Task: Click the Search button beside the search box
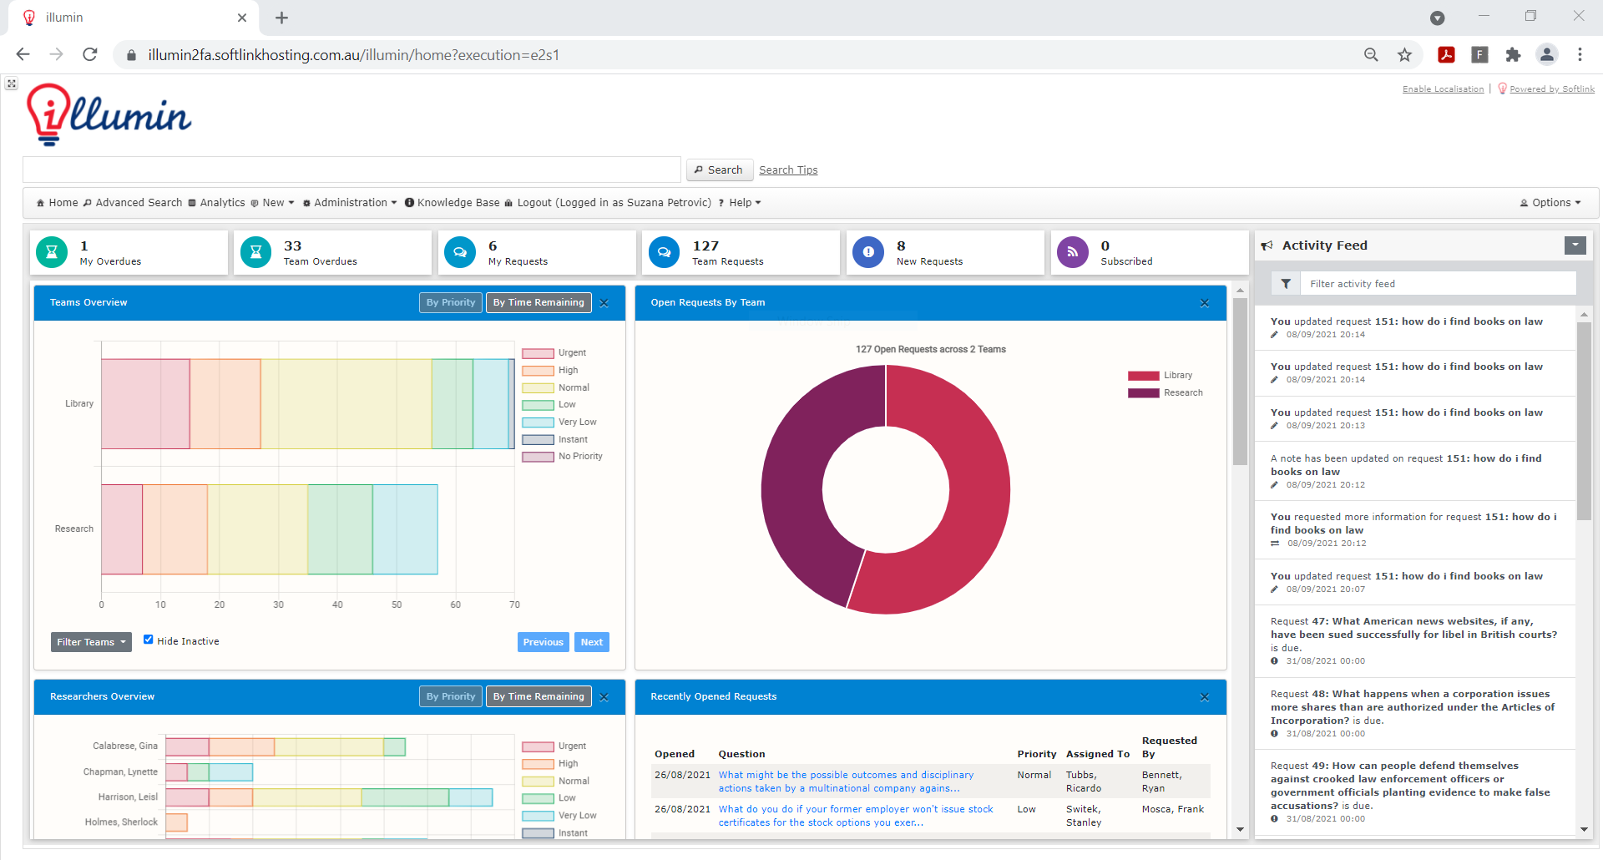click(x=719, y=169)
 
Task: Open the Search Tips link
click(x=787, y=169)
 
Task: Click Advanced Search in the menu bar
click(x=138, y=203)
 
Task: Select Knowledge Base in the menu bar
click(x=458, y=203)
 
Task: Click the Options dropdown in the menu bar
click(x=1551, y=203)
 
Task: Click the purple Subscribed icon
click(x=1072, y=252)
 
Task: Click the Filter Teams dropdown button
click(x=91, y=642)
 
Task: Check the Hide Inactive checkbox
click(x=148, y=640)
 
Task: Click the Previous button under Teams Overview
click(x=543, y=642)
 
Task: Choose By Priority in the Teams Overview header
click(x=450, y=302)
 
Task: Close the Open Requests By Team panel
click(x=1204, y=303)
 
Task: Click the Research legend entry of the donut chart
click(x=1183, y=392)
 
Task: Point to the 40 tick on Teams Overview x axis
click(x=337, y=605)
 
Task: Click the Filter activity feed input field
click(x=1440, y=284)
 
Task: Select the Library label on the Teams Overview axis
click(x=79, y=403)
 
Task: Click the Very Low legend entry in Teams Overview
click(x=577, y=422)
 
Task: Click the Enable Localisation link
click(x=1443, y=89)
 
